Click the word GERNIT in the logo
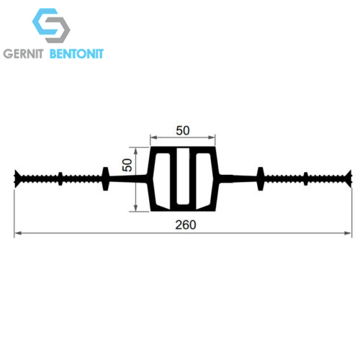click(23, 54)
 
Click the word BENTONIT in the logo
click(76, 54)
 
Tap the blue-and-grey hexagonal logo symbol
click(51, 25)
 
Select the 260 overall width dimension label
click(186, 225)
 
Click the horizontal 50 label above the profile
click(183, 130)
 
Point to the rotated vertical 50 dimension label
click(127, 165)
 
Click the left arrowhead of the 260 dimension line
click(18, 233)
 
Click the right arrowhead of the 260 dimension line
click(348, 233)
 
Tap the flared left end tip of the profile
click(16, 179)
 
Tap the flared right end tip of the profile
click(350, 179)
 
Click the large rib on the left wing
click(106, 179)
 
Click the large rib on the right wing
click(261, 179)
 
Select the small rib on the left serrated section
click(60, 179)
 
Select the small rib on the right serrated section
click(306, 179)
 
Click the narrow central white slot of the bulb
click(183, 176)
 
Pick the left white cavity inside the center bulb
click(161, 181)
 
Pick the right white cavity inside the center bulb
click(204, 181)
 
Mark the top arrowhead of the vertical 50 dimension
click(136, 151)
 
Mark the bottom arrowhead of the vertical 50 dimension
click(136, 207)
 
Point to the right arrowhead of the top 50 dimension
click(212, 138)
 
